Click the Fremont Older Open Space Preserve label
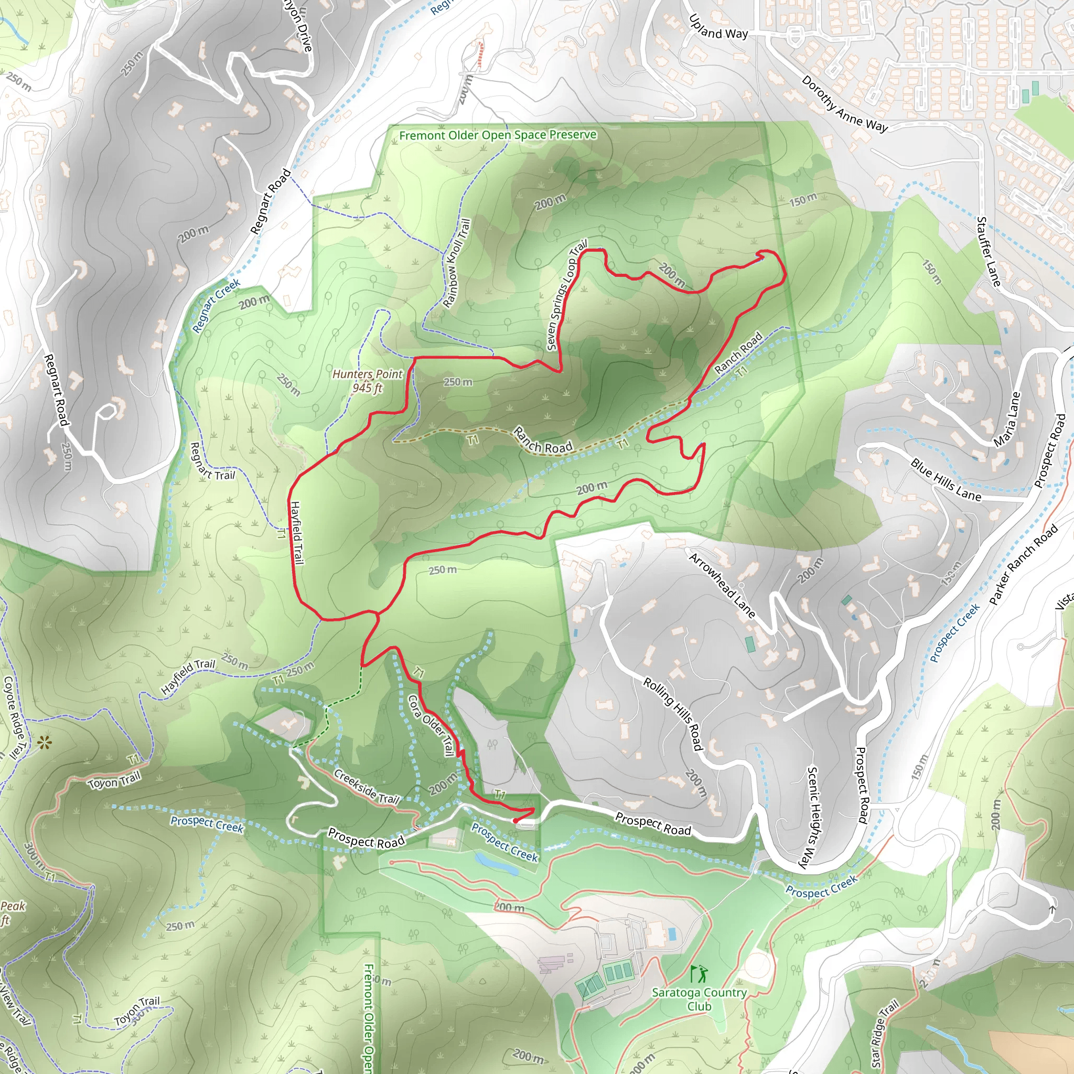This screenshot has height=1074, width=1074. pyautogui.click(x=498, y=135)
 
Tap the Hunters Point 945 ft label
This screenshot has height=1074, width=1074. pyautogui.click(x=367, y=381)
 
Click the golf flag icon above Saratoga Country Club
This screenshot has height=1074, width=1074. pyautogui.click(x=699, y=974)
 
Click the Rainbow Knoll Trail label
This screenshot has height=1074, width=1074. pyautogui.click(x=457, y=263)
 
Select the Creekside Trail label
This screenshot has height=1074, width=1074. pyautogui.click(x=367, y=787)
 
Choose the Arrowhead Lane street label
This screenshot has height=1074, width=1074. pyautogui.click(x=722, y=585)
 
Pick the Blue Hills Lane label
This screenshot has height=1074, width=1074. pyautogui.click(x=946, y=479)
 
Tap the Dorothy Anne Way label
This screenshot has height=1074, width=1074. pyautogui.click(x=844, y=104)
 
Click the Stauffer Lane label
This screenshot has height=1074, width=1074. pyautogui.click(x=989, y=252)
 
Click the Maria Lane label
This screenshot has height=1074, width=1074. pyautogui.click(x=1007, y=419)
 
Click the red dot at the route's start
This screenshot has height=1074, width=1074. pyautogui.click(x=515, y=821)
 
